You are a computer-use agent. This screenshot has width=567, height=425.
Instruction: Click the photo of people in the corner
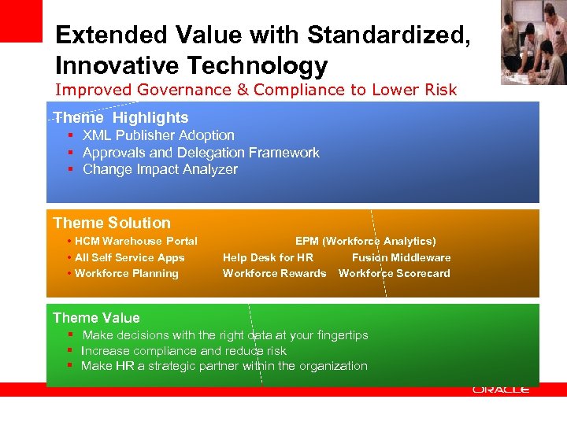point(533,42)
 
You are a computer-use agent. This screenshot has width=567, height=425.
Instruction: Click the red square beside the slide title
point(20,20)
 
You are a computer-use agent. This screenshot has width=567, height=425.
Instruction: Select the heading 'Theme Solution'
point(112,223)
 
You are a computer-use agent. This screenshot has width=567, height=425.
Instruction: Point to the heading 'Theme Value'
point(96,318)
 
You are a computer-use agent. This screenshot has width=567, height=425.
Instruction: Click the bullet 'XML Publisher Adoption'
point(158,135)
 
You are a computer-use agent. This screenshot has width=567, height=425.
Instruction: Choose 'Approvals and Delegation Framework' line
point(201,153)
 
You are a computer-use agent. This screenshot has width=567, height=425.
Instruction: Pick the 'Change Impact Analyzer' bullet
point(160,169)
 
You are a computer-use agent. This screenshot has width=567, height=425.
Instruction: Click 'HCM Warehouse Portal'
point(136,241)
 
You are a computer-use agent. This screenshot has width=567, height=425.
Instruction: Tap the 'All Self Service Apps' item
point(130,257)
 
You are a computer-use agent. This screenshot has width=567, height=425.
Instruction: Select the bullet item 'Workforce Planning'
point(127,273)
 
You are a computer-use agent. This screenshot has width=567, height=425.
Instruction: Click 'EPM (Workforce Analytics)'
point(365,241)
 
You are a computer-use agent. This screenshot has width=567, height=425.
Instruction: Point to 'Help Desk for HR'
point(268,257)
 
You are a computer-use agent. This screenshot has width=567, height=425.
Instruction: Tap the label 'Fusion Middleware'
point(402,257)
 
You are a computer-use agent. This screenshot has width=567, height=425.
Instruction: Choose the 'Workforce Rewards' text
point(274,273)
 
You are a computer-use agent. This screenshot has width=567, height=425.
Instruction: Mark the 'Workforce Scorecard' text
point(395,273)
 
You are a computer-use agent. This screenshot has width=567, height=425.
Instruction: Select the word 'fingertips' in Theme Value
point(340,335)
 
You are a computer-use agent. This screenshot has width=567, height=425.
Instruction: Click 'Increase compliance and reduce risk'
point(183,351)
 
